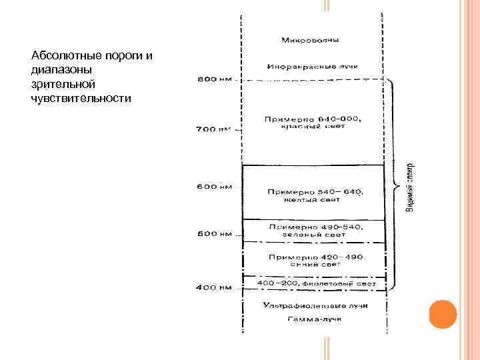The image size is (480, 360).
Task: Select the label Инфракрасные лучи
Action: (x=313, y=67)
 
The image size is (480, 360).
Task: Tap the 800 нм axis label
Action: (x=213, y=79)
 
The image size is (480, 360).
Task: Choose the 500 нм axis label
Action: (x=213, y=234)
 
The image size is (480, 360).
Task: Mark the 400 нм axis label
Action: (x=213, y=288)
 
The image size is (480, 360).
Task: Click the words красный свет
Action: (x=313, y=127)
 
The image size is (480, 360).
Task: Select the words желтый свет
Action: (x=313, y=199)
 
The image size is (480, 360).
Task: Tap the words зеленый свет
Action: (x=313, y=234)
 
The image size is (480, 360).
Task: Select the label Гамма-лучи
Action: (x=313, y=320)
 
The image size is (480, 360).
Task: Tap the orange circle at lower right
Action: (x=442, y=315)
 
